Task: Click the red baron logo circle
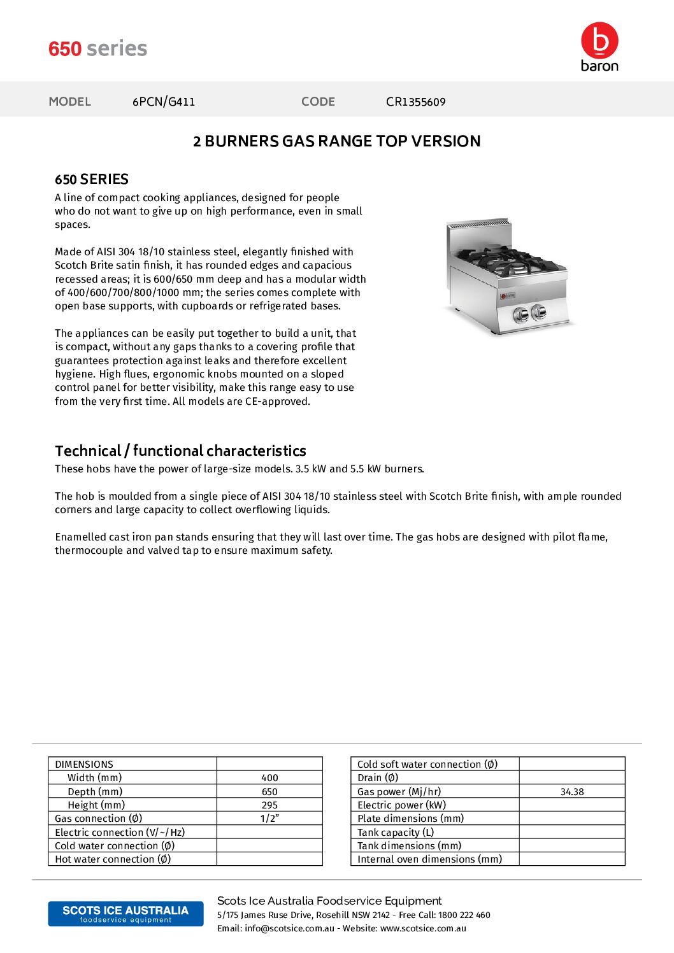[x=599, y=40]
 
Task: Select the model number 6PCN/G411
[x=164, y=102]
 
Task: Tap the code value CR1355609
[x=415, y=102]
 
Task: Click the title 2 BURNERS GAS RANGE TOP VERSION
[x=336, y=141]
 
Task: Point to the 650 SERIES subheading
[x=92, y=180]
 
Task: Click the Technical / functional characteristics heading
[x=180, y=451]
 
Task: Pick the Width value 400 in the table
[x=269, y=778]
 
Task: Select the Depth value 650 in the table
[x=269, y=792]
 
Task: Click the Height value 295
[x=269, y=805]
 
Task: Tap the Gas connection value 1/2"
[x=269, y=819]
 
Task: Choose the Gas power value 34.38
[x=572, y=792]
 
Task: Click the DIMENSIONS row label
[x=84, y=765]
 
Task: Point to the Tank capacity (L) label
[x=396, y=832]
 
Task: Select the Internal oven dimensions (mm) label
[x=429, y=859]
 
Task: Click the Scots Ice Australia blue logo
[x=125, y=914]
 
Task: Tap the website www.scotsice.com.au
[x=423, y=929]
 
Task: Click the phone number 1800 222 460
[x=464, y=915]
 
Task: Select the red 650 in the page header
[x=65, y=49]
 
